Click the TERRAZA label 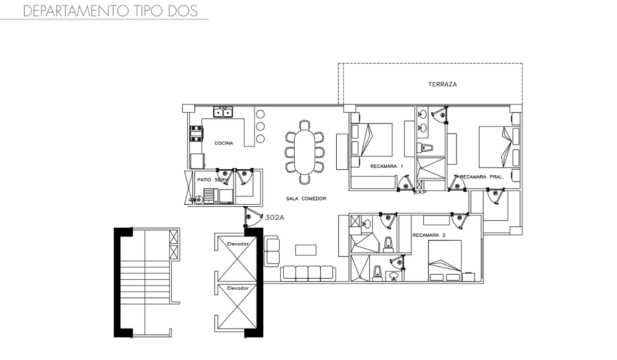(x=442, y=84)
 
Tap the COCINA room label (x=224, y=143)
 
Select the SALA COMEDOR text (x=306, y=199)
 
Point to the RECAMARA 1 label (x=387, y=166)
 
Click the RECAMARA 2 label (x=429, y=235)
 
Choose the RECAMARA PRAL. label (x=482, y=177)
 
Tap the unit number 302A (x=275, y=218)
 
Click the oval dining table (x=304, y=152)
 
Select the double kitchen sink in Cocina (x=223, y=112)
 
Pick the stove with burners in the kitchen (x=196, y=134)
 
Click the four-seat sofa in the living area (x=308, y=274)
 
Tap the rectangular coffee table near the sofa (x=306, y=250)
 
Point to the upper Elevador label (x=238, y=244)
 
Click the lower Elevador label (x=238, y=289)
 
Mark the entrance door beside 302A (x=253, y=217)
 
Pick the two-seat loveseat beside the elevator (x=271, y=251)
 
